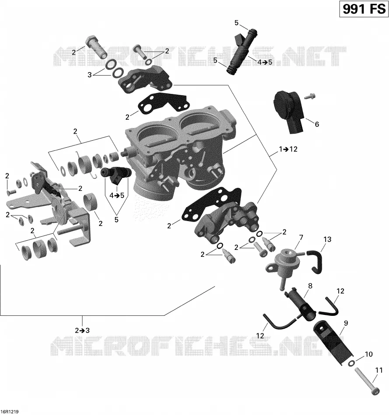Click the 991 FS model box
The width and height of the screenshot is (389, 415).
pyautogui.click(x=364, y=9)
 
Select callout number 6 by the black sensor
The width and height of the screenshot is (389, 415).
pyautogui.click(x=317, y=124)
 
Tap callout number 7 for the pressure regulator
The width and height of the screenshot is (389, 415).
pyautogui.click(x=301, y=238)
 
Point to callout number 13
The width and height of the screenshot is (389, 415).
pyautogui.click(x=327, y=239)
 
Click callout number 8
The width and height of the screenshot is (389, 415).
pyautogui.click(x=310, y=286)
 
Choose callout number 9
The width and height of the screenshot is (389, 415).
pyautogui.click(x=346, y=323)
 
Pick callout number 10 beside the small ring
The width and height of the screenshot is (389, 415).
pyautogui.click(x=368, y=354)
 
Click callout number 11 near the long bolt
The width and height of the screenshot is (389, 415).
pyautogui.click(x=379, y=370)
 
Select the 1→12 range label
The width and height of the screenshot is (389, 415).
pyautogui.click(x=288, y=149)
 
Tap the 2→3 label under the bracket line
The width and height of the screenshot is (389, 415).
pyautogui.click(x=82, y=330)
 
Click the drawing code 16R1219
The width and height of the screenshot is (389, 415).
pyautogui.click(x=10, y=412)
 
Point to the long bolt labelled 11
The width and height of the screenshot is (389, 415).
pyautogui.click(x=367, y=382)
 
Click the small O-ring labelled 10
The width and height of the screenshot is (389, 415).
pyautogui.click(x=351, y=364)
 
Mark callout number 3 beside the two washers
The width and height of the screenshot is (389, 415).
pyautogui.click(x=90, y=75)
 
